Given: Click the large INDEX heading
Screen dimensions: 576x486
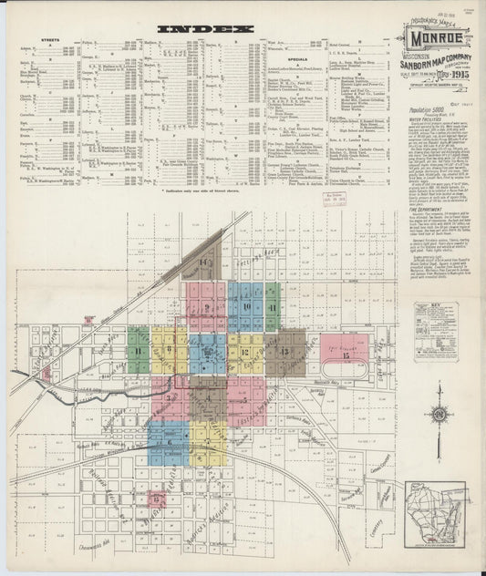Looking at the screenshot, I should [x=204, y=29].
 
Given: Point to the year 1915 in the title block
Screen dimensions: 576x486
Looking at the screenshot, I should [x=452, y=74].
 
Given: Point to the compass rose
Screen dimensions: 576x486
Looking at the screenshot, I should [x=439, y=416].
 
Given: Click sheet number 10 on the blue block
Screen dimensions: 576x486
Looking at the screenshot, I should [x=246, y=306].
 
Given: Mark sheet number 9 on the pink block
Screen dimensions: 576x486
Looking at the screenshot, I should [x=208, y=307].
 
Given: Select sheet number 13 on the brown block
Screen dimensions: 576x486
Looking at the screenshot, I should [x=286, y=351].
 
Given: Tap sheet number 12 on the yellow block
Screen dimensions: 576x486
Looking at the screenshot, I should [x=245, y=352].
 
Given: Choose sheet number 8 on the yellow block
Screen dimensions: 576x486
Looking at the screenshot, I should [x=171, y=351].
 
